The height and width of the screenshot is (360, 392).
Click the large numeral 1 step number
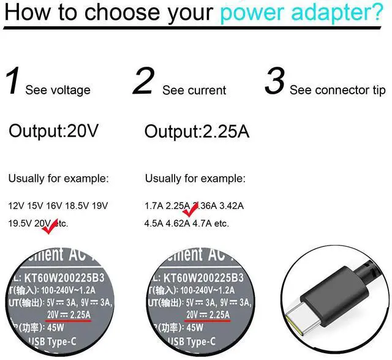(13, 82)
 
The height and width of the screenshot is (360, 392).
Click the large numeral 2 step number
(142, 82)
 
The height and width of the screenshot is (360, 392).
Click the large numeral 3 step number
(275, 82)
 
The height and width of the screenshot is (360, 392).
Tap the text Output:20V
(54, 131)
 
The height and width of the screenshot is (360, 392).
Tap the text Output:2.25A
(197, 131)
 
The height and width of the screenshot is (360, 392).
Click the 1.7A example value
(154, 206)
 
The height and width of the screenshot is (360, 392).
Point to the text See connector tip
(337, 90)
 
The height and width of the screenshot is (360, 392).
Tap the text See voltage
(58, 90)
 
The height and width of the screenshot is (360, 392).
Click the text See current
(194, 90)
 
